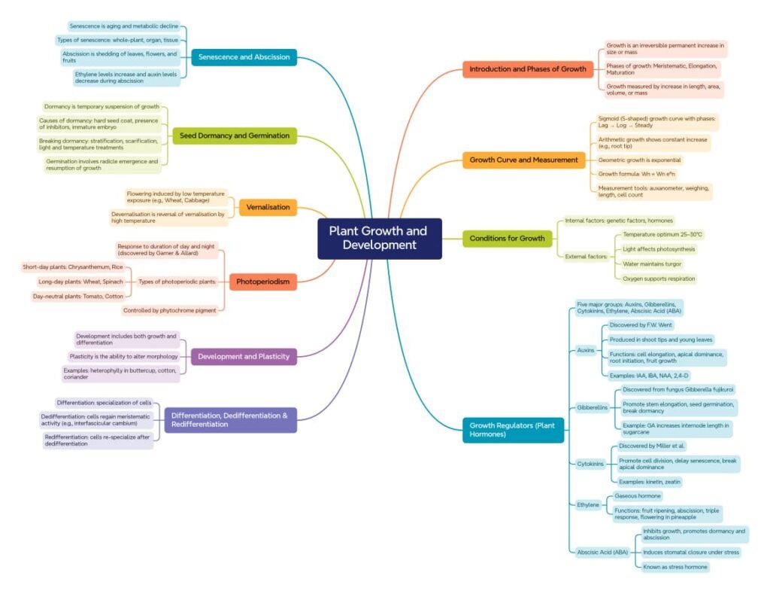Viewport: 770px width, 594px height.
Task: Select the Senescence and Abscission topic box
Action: [x=244, y=57]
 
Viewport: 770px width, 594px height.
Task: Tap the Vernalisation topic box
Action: [x=268, y=207]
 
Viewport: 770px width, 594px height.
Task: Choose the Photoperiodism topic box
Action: [x=262, y=282]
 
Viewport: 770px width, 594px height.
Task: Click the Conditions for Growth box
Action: [x=507, y=239]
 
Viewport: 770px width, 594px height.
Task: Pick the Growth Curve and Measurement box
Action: [x=523, y=160]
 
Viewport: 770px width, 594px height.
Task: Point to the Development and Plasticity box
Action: [x=244, y=356]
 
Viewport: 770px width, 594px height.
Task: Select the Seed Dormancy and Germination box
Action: [x=234, y=136]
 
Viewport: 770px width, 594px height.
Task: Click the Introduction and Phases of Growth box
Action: [x=527, y=69]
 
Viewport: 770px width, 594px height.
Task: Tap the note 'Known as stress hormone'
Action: [x=675, y=566]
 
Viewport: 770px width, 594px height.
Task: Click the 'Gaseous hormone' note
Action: [x=638, y=496]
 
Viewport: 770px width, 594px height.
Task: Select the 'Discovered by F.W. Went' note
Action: [x=640, y=325]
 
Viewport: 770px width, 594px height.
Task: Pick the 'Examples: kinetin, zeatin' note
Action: [x=650, y=482]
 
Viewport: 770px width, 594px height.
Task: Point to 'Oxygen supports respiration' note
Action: [x=659, y=279]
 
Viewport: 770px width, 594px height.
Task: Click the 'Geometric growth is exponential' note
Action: [x=639, y=160]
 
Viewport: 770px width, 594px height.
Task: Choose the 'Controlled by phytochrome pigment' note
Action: [x=170, y=310]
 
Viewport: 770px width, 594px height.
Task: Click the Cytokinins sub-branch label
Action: [x=590, y=464]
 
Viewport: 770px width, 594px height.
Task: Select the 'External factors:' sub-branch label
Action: [x=586, y=257]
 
